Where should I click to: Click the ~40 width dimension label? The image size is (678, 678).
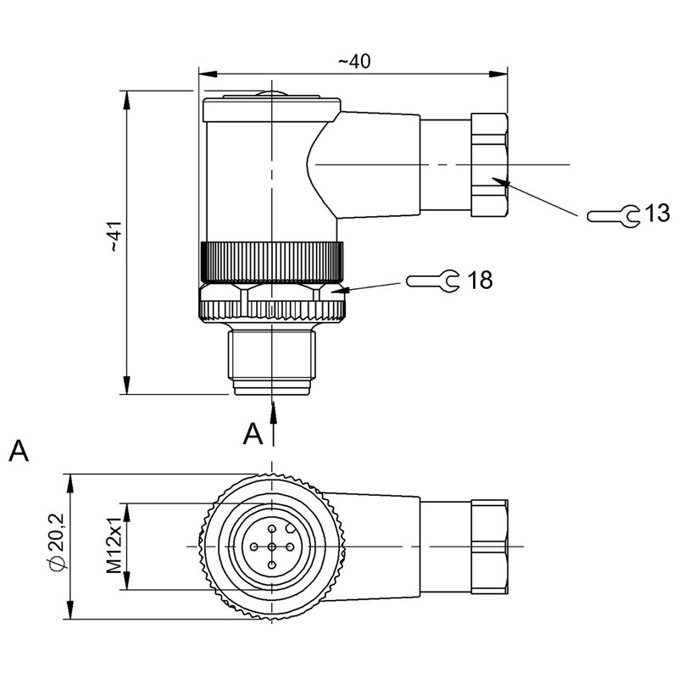[354, 61]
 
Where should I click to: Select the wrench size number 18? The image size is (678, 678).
[480, 280]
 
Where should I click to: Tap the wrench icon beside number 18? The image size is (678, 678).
[433, 279]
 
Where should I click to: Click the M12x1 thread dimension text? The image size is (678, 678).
[114, 547]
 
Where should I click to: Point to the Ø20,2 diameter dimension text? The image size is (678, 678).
[57, 547]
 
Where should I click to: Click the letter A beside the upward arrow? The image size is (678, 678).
[253, 435]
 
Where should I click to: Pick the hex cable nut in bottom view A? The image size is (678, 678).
[489, 547]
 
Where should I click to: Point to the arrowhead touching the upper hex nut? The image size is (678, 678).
[504, 181]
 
